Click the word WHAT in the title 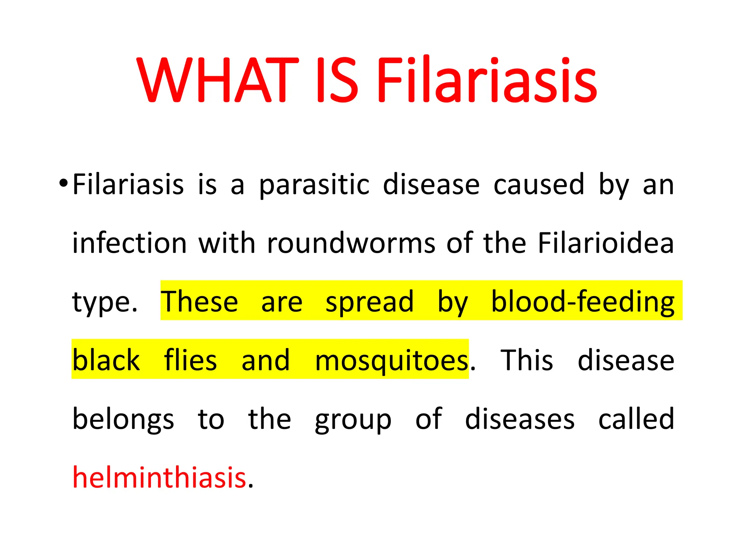click(x=217, y=80)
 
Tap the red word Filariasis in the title click(x=486, y=80)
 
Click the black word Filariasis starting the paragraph click(x=128, y=184)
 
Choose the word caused click(x=538, y=184)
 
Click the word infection click(x=130, y=243)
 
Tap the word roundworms click(x=351, y=243)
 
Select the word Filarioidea click(x=606, y=243)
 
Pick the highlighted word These click(x=199, y=301)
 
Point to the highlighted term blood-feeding click(x=582, y=301)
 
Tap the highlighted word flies click(x=190, y=360)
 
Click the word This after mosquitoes click(x=526, y=360)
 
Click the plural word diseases click(x=520, y=419)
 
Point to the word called click(x=636, y=419)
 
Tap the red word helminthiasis click(x=159, y=477)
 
